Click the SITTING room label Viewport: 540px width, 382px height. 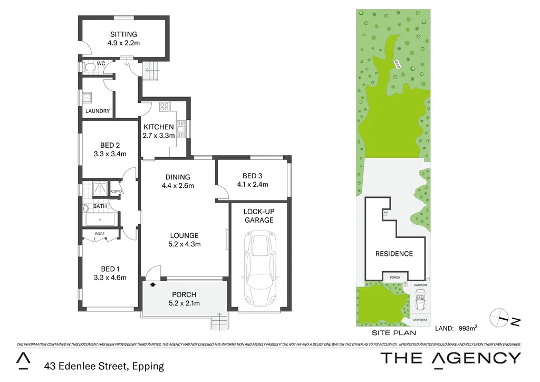pos(124,34)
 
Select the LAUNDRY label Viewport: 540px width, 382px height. pos(98,111)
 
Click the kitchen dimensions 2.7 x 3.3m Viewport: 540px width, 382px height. pos(158,136)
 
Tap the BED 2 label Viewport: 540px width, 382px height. pos(110,146)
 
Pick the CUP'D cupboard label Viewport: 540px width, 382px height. pos(116,191)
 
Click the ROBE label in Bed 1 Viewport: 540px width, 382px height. pos(100,233)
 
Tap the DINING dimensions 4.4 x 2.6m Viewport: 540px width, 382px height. pos(178,186)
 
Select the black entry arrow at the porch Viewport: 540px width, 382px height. pos(153,284)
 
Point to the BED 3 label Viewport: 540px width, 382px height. pos(252,176)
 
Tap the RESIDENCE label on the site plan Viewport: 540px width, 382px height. pos(394,254)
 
